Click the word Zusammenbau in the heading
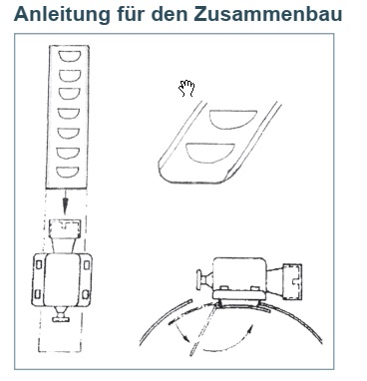click(267, 13)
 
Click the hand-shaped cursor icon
click(186, 89)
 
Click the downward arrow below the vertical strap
click(66, 201)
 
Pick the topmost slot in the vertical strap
click(69, 57)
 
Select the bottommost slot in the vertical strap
click(68, 173)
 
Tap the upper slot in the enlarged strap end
click(232, 119)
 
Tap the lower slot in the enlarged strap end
click(210, 153)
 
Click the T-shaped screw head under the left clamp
click(61, 316)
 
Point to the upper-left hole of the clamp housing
click(39, 265)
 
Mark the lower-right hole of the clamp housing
click(86, 294)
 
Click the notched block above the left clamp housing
click(65, 227)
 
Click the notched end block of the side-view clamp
click(292, 280)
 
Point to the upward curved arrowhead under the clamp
click(251, 328)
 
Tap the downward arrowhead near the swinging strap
click(186, 340)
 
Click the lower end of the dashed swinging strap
click(192, 352)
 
